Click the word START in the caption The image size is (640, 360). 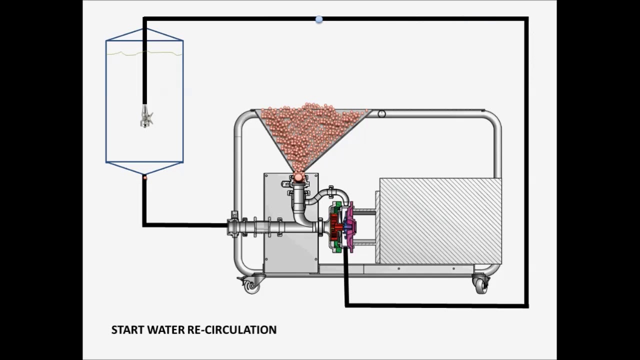(x=126, y=330)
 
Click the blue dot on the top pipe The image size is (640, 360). (x=319, y=19)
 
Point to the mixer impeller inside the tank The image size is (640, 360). (x=146, y=118)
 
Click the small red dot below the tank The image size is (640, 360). (x=145, y=177)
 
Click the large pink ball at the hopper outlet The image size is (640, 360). (x=298, y=176)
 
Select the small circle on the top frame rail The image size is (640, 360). (x=381, y=114)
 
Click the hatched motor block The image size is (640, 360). (x=440, y=220)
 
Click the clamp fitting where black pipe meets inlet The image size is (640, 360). (x=233, y=225)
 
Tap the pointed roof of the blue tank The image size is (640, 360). (x=144, y=34)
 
